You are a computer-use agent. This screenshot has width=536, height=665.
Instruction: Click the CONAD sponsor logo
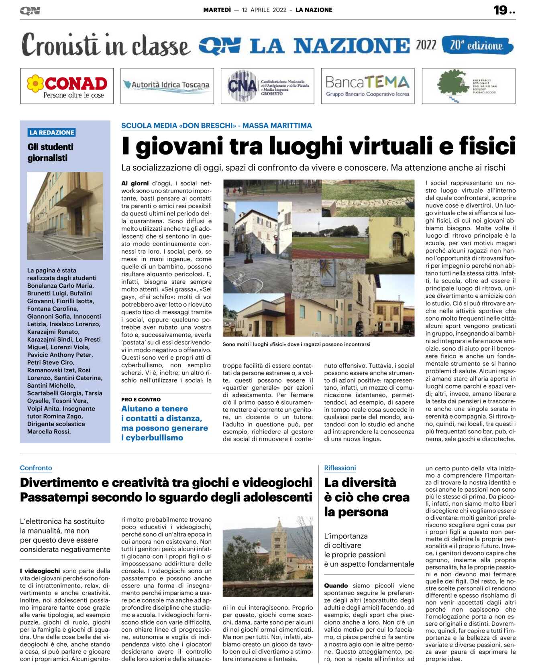[67, 86]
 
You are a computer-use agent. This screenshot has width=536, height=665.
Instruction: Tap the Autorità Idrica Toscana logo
[167, 86]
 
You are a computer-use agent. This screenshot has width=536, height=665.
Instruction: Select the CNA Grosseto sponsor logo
[267, 86]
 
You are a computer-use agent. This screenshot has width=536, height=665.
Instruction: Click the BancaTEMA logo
[367, 86]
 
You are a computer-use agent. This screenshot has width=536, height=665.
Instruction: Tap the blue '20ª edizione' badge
[477, 45]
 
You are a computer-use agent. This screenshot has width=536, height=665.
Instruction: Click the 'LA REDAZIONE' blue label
[52, 132]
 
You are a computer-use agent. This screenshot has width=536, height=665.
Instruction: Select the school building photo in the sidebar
[65, 216]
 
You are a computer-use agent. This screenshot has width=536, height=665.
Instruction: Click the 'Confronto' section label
[36, 468]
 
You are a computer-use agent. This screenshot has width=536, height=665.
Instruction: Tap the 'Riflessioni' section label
[340, 468]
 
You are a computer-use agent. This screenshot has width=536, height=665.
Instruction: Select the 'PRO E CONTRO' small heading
[141, 400]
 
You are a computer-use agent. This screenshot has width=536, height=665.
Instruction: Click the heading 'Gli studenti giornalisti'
[51, 153]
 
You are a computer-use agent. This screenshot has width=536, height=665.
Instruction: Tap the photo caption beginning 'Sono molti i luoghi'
[296, 344]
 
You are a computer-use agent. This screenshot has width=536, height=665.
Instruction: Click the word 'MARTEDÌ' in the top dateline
[217, 10]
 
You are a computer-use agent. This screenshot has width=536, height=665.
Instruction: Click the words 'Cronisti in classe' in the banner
[106, 45]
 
